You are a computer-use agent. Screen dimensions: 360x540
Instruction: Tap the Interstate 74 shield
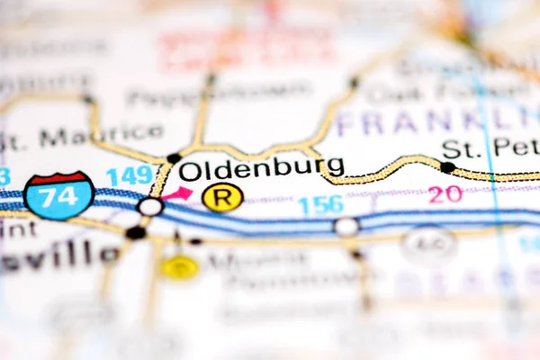58,194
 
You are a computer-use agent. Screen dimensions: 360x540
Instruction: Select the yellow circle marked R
222,197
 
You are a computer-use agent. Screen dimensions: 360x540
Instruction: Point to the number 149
130,175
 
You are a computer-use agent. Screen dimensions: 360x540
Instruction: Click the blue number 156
320,205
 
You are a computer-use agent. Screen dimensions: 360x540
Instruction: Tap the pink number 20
445,194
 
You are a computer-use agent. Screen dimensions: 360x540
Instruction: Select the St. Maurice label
81,137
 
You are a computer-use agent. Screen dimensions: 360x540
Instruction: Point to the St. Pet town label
490,147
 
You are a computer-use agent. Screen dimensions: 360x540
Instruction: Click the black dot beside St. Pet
447,166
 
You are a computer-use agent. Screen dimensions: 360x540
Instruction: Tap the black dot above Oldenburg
174,158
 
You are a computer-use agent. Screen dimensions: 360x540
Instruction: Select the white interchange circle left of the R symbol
149,206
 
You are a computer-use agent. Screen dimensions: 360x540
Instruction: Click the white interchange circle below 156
346,226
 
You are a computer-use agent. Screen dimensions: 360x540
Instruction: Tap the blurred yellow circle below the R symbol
180,266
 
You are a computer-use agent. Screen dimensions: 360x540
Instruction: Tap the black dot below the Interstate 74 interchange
135,232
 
